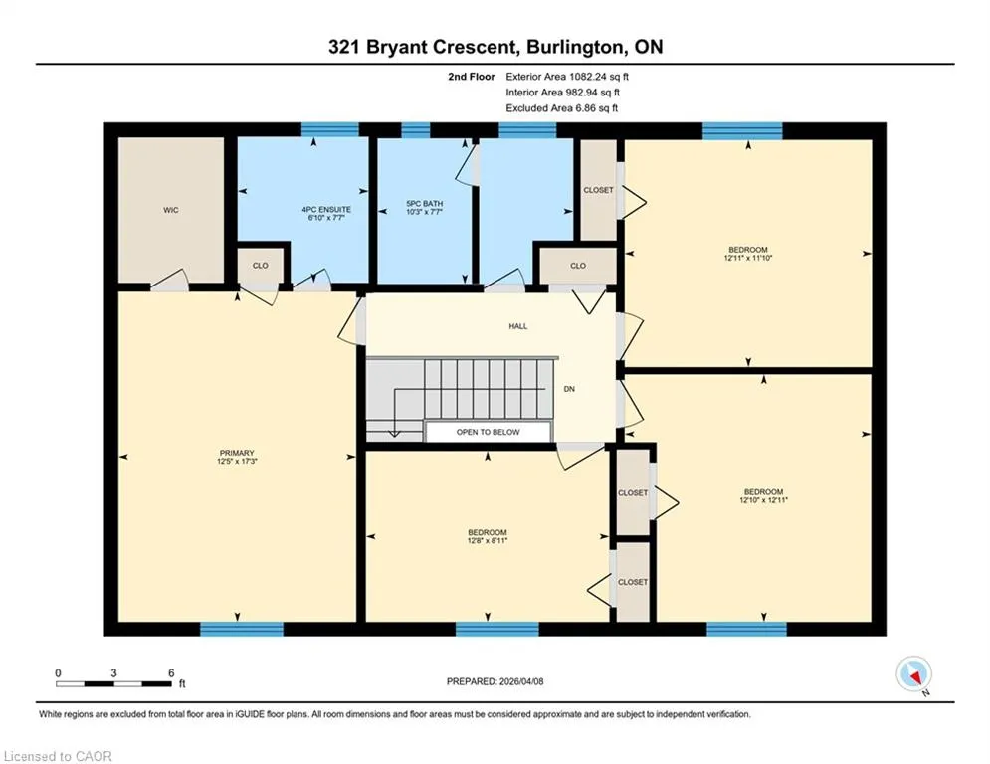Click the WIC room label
[x=171, y=210]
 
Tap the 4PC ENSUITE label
[x=326, y=209]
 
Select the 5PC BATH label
[x=424, y=203]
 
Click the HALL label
[x=518, y=326]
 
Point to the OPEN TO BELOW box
[x=489, y=432]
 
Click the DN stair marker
[x=569, y=389]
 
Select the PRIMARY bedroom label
[x=237, y=453]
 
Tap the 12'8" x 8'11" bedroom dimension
[x=488, y=540]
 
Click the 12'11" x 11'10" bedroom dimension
[x=748, y=258]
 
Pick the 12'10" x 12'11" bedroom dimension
[x=763, y=500]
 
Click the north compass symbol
[x=914, y=675]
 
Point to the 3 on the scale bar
[x=113, y=673]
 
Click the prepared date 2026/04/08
[x=521, y=681]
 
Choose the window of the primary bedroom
[x=242, y=629]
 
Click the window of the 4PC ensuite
[x=330, y=130]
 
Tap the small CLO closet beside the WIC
[x=260, y=266]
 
